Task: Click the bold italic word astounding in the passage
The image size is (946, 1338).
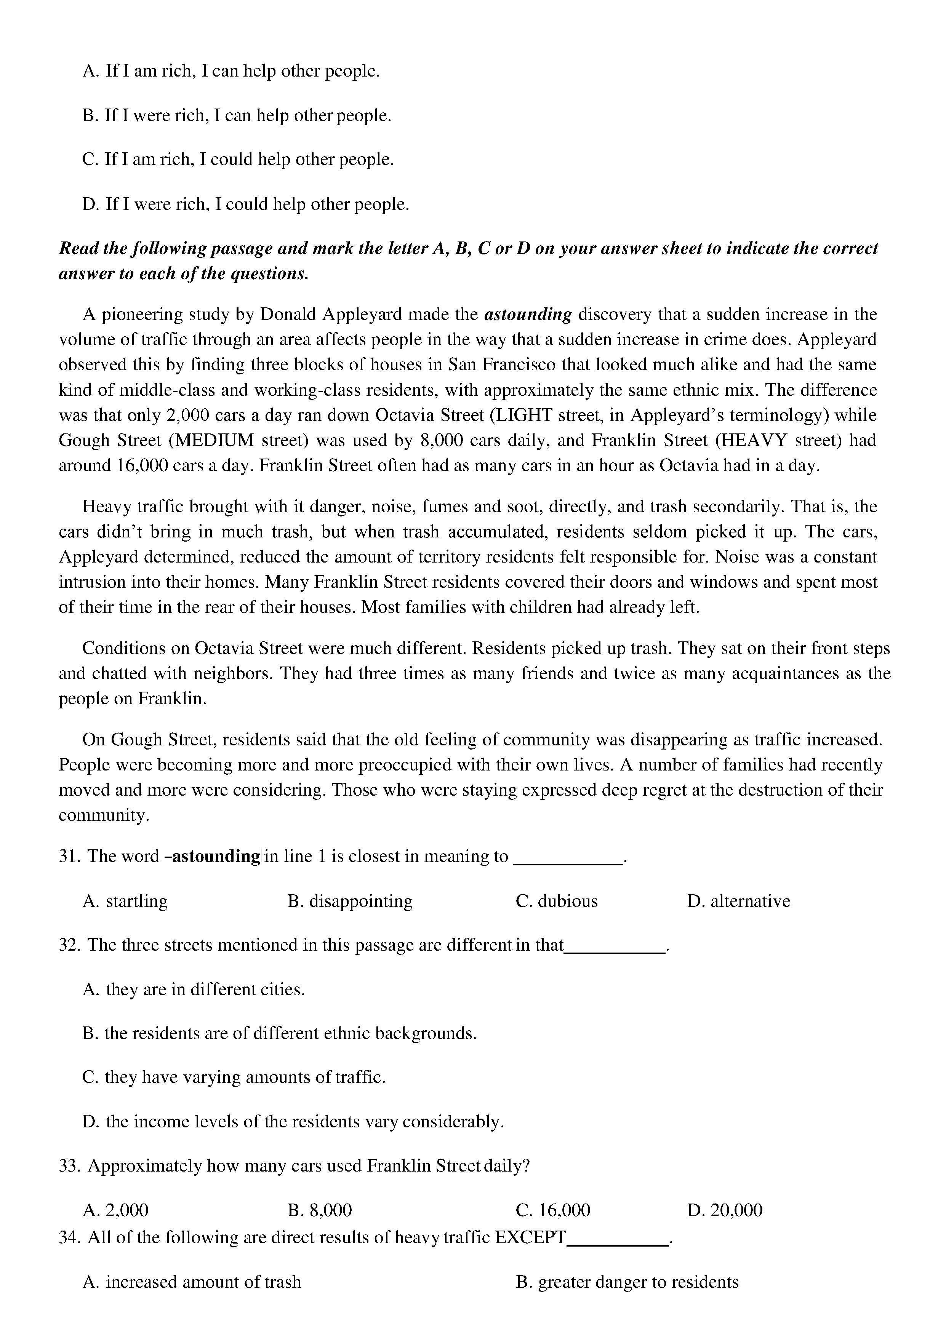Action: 528,315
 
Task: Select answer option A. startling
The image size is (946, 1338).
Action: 125,901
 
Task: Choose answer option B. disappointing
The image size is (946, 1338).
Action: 350,901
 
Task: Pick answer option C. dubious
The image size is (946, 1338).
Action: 557,901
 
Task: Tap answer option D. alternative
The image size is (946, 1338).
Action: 738,901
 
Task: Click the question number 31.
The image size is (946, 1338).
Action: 69,856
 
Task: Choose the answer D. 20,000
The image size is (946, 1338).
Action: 725,1210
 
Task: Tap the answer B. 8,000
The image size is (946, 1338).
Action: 319,1210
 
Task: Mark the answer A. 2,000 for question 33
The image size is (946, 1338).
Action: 116,1210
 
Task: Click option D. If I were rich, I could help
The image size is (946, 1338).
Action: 246,205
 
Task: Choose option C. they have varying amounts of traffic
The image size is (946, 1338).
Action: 234,1077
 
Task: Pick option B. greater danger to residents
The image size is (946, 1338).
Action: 627,1282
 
